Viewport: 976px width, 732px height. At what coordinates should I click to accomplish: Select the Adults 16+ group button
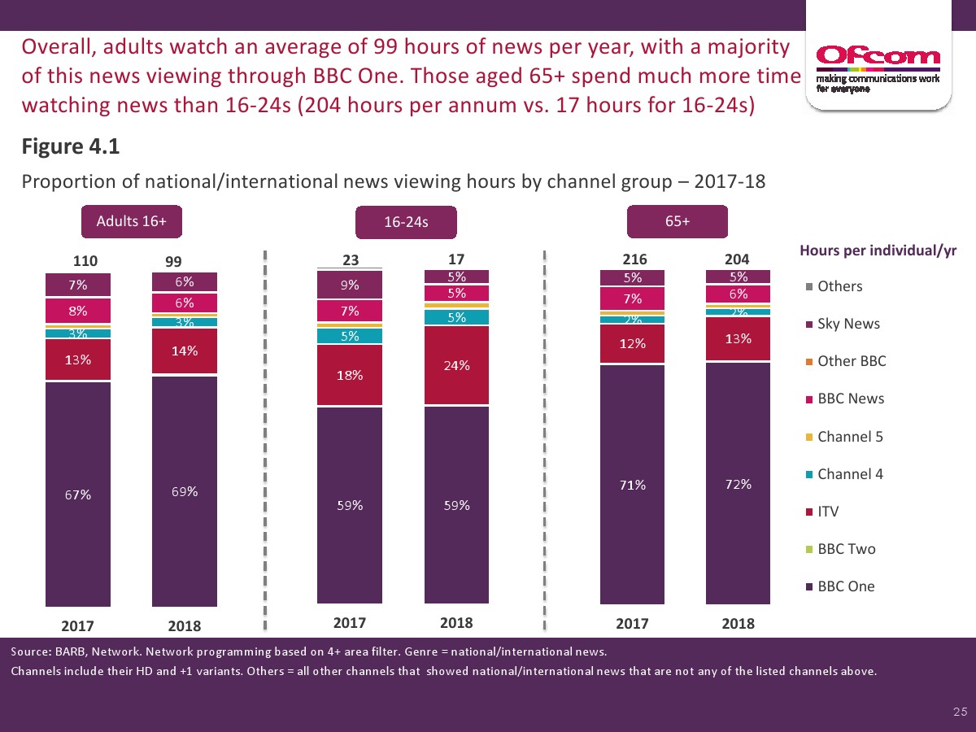coord(131,221)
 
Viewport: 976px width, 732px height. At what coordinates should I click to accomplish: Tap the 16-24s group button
coord(406,223)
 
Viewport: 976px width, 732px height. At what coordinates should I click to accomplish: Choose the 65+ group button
coord(677,221)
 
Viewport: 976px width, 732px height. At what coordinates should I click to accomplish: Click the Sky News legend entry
coord(848,324)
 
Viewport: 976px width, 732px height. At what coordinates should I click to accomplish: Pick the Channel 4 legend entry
coord(849,474)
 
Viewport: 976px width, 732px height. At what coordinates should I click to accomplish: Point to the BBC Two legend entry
coord(846,549)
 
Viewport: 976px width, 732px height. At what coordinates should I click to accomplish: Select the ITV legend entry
coord(827,512)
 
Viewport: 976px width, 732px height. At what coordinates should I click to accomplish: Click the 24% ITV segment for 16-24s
coord(456,365)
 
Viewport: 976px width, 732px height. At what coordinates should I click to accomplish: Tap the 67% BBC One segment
coord(78,494)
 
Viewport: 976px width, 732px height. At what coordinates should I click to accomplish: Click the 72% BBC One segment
coord(739,484)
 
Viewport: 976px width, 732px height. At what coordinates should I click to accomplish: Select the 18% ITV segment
coord(350,376)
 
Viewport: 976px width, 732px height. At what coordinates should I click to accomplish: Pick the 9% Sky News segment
coord(350,285)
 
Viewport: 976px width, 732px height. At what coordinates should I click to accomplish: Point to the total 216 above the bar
coord(634,259)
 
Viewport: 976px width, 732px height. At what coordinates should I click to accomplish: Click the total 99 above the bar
coord(173,261)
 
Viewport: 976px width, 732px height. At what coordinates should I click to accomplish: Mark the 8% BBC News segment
coord(78,310)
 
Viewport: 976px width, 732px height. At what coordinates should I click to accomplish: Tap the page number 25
coord(960,712)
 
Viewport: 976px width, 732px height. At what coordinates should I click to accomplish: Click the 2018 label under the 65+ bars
coord(738,624)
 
